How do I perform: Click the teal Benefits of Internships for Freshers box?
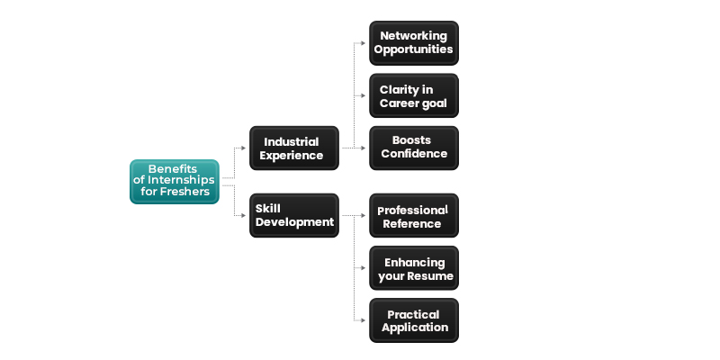pos(174,181)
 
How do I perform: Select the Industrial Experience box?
pos(294,148)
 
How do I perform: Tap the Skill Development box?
pos(294,215)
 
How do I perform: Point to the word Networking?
pos(414,36)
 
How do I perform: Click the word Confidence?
pos(414,154)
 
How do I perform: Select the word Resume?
pos(432,276)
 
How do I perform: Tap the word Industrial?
pos(291,142)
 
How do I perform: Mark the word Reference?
pos(412,223)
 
